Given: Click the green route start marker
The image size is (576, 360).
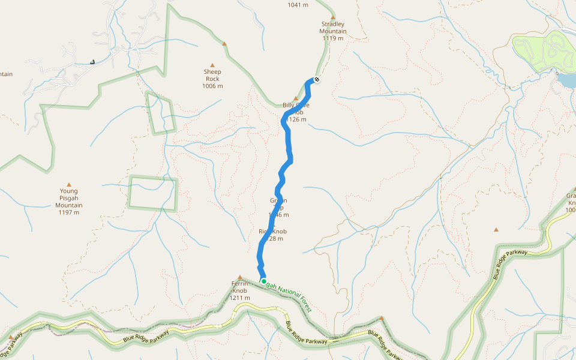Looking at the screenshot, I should [x=263, y=281].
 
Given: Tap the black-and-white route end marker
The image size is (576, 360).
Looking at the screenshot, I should [x=317, y=80].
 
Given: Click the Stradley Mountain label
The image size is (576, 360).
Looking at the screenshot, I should [x=333, y=28].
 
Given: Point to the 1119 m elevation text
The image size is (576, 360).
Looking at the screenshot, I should [x=333, y=38].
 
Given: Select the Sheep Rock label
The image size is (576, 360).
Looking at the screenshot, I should [x=212, y=75].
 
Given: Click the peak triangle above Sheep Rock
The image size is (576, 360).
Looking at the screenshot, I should [x=212, y=65].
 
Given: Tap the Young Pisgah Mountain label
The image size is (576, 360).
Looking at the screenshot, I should [x=69, y=198].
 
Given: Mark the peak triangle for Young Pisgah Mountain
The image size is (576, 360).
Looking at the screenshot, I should [x=69, y=185].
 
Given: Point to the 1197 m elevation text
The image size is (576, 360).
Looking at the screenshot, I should [x=69, y=212].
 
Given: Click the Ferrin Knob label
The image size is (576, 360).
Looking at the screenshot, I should [x=240, y=287].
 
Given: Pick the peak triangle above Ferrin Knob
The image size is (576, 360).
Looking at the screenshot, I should [x=240, y=277].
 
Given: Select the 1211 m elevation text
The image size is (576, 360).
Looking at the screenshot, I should [x=240, y=298].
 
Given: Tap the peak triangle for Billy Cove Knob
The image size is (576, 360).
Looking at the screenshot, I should [x=295, y=98].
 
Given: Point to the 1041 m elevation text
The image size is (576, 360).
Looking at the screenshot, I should [x=298, y=5].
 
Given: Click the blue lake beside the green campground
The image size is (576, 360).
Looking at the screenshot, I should [x=566, y=80].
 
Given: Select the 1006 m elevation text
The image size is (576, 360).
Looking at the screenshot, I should [x=212, y=86].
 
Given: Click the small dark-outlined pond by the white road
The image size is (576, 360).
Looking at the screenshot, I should [x=92, y=61].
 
